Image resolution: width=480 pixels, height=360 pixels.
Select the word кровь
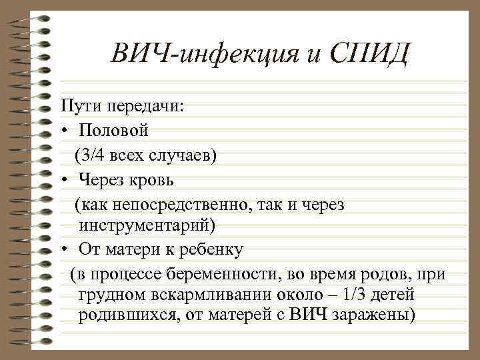(x=153, y=179)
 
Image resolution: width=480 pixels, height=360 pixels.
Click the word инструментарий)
(x=147, y=226)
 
